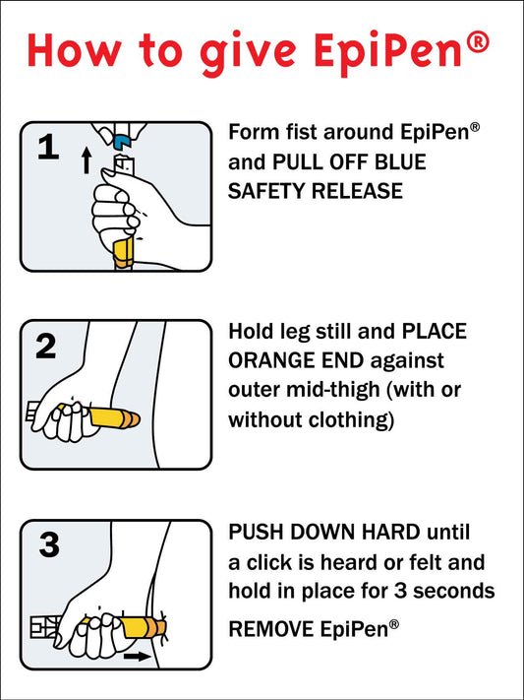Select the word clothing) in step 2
(x=349, y=419)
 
